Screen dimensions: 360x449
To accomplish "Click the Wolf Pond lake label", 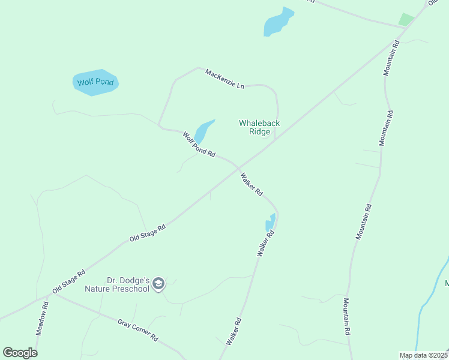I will (95, 82).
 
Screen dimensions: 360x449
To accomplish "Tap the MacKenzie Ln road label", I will (224, 79).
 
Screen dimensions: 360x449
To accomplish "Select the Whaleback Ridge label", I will (259, 127).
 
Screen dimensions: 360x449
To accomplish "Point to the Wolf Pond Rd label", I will (199, 145).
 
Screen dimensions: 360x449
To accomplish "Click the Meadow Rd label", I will (41, 318).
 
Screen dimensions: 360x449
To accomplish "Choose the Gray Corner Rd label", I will (137, 329).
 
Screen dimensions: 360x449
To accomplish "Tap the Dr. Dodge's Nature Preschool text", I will (127, 284).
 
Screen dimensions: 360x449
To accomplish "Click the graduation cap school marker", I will (158, 284).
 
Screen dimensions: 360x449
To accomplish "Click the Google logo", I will (20, 353).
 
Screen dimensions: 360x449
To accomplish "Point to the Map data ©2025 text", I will (423, 355).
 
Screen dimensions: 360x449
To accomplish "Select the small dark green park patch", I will (407, 19).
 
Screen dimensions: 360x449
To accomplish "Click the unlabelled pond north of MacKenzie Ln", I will (278, 22).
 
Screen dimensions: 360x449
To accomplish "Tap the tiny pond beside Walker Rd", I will (271, 223).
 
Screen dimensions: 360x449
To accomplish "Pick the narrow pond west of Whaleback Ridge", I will (203, 130).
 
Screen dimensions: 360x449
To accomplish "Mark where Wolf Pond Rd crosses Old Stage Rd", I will (238, 167).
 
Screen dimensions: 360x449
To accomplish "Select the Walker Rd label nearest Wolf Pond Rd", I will (252, 185).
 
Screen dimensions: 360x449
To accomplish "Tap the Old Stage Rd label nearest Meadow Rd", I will (69, 281).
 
